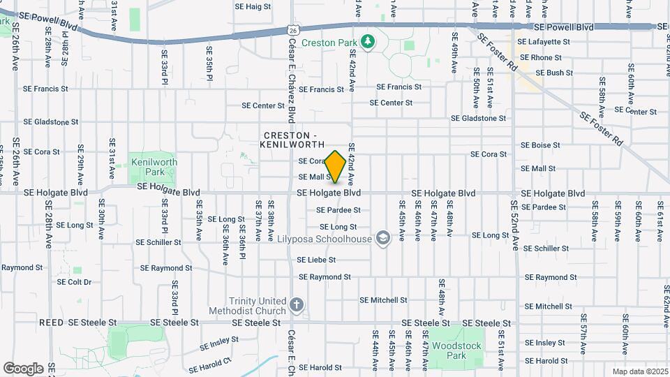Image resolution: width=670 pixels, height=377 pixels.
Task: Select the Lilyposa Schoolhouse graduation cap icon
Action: pos(382,239)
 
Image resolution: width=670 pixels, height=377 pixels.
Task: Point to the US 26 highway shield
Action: pos(293,30)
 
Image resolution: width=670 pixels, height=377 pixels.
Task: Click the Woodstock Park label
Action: pos(448,350)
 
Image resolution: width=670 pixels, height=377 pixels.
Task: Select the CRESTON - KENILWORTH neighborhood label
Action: pos(294,139)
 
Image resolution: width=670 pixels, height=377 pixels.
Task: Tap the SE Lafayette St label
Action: pos(544,42)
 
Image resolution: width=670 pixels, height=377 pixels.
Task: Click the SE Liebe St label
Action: pos(316,260)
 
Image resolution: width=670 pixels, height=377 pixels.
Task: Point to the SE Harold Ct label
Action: pos(209,364)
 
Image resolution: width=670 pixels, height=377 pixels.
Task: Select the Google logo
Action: pos(22,368)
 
